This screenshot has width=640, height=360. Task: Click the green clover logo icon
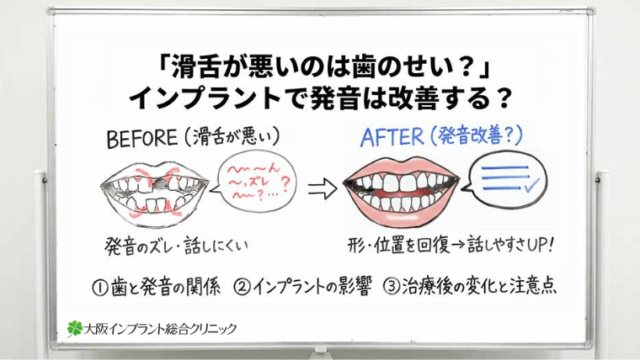(x=74, y=326)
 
